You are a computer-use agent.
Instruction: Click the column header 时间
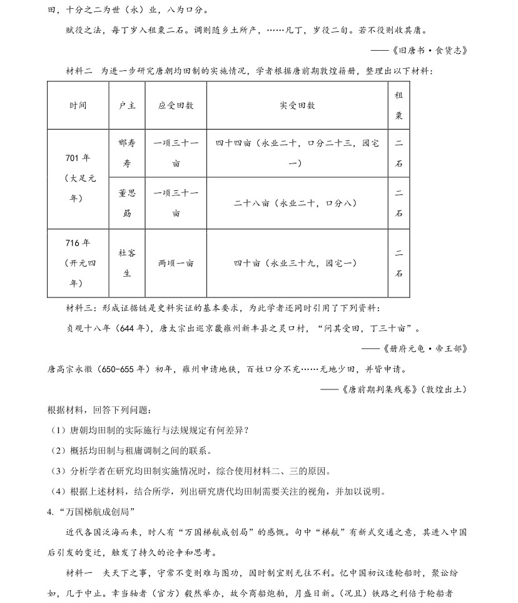[x=78, y=105]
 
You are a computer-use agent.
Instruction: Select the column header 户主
[x=127, y=105]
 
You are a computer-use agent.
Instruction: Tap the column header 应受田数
[x=176, y=105]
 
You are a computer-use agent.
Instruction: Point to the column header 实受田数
[x=297, y=105]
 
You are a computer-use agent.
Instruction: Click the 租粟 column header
[x=399, y=105]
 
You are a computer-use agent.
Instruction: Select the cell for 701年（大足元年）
[x=78, y=178]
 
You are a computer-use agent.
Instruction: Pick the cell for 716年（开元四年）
[x=78, y=263]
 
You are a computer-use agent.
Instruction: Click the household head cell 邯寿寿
[x=127, y=153]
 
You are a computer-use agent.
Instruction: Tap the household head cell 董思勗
[x=127, y=203]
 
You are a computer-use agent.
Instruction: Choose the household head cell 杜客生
[x=127, y=263]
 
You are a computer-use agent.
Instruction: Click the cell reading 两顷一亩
[x=176, y=263]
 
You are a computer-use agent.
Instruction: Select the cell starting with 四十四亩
[x=297, y=153]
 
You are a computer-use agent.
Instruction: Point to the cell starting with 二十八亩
[x=297, y=203]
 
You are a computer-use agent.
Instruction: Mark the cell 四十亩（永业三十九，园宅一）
[x=297, y=263]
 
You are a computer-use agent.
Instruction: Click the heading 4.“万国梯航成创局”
[x=91, y=512]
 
